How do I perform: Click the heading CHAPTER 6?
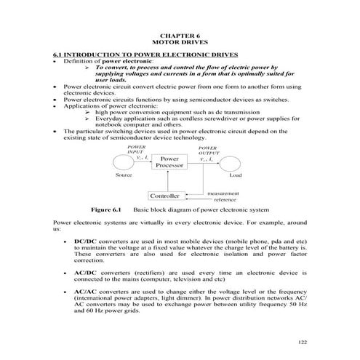[x=180, y=35]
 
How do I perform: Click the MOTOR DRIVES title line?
[x=180, y=42]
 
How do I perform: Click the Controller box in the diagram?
[x=164, y=196]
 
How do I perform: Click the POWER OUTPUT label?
[x=208, y=150]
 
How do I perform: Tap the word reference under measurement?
[x=224, y=199]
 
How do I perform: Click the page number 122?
[x=303, y=341]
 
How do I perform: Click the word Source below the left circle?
[x=124, y=175]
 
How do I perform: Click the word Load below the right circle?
[x=236, y=175]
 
